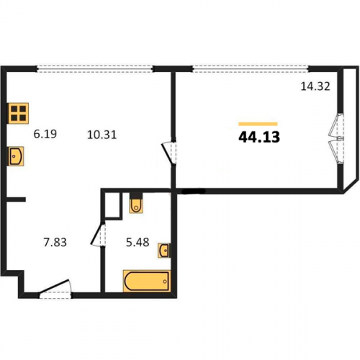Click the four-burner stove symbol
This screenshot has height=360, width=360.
click(x=18, y=113)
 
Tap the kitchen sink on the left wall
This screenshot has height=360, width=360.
click(x=16, y=156)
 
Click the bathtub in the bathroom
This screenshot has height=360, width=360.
click(x=147, y=281)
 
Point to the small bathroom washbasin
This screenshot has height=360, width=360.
click(x=164, y=251)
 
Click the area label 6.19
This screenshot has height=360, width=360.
click(x=45, y=134)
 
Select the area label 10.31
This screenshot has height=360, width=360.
click(x=102, y=135)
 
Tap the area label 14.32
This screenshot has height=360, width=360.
click(x=315, y=86)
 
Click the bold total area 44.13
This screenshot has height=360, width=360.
click(x=259, y=138)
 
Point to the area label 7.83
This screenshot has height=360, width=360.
click(x=55, y=242)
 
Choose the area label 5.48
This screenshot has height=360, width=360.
click(x=138, y=242)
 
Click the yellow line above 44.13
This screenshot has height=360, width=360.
click(x=258, y=124)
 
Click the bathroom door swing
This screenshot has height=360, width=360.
click(x=98, y=235)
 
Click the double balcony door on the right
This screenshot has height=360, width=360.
click(x=336, y=138)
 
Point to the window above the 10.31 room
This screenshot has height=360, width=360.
click(x=95, y=69)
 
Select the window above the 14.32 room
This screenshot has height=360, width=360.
click(x=251, y=69)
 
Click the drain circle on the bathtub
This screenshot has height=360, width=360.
click(x=165, y=282)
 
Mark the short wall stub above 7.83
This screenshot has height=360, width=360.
click(x=16, y=199)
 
